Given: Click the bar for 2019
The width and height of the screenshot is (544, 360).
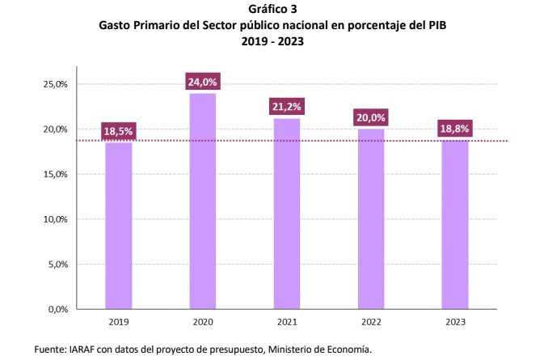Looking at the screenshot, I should tap(118, 227).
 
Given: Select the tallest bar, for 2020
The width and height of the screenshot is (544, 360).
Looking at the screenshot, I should tap(202, 202).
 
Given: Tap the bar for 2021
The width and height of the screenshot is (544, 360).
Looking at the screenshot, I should tap(286, 214).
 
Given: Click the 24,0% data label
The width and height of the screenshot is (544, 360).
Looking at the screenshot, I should tap(202, 82).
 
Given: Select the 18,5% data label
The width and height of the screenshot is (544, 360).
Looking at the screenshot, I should tap(118, 131).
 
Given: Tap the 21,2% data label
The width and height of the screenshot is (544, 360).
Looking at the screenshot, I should tap(286, 107).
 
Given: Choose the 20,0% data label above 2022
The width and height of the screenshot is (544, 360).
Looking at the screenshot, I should tap(370, 117).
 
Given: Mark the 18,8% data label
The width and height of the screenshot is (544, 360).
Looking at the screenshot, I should tap(454, 129).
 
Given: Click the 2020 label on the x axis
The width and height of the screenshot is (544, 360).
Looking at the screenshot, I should tap(202, 321).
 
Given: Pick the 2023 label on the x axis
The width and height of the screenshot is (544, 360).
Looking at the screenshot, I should tap(454, 321).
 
